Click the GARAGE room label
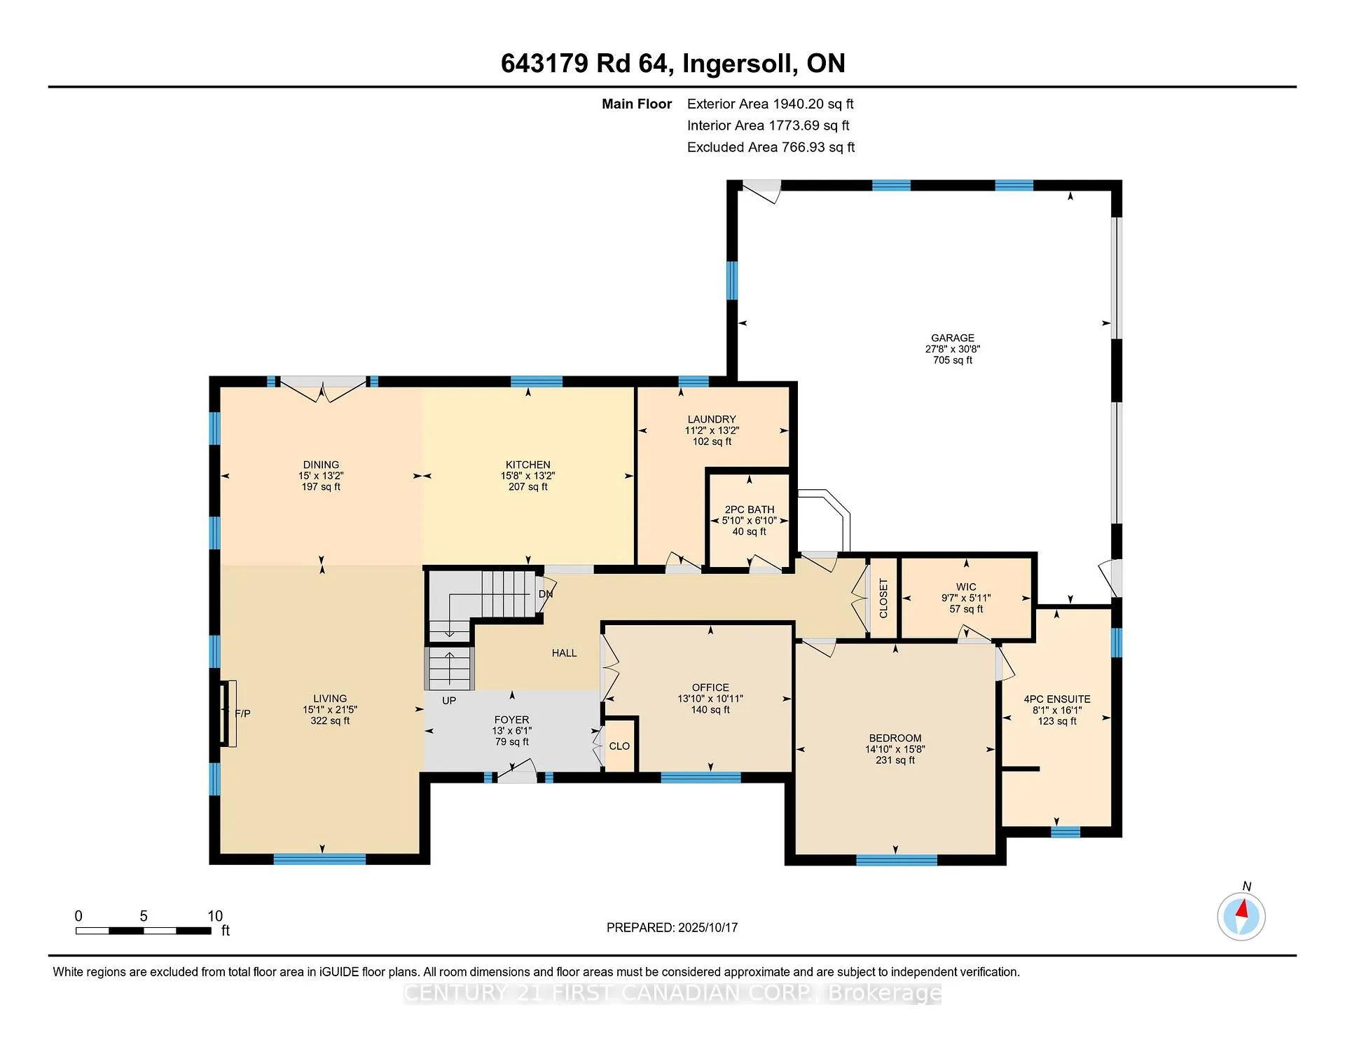(x=953, y=338)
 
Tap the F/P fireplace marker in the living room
(x=242, y=713)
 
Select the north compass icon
(x=1241, y=915)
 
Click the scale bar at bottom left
(x=144, y=931)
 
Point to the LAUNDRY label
(x=712, y=419)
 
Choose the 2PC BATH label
(x=750, y=509)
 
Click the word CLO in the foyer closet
(x=619, y=746)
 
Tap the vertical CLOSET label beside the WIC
(x=883, y=598)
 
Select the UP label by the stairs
(x=449, y=700)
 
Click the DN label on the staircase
(x=546, y=594)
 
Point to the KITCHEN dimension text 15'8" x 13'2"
(x=528, y=475)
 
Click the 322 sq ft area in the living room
(x=330, y=720)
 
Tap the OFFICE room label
(x=710, y=687)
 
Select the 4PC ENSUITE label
(x=1057, y=699)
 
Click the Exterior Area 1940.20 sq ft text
(x=771, y=104)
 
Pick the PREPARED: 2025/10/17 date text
(x=672, y=927)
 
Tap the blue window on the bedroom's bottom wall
(x=897, y=860)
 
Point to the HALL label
(x=564, y=653)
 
